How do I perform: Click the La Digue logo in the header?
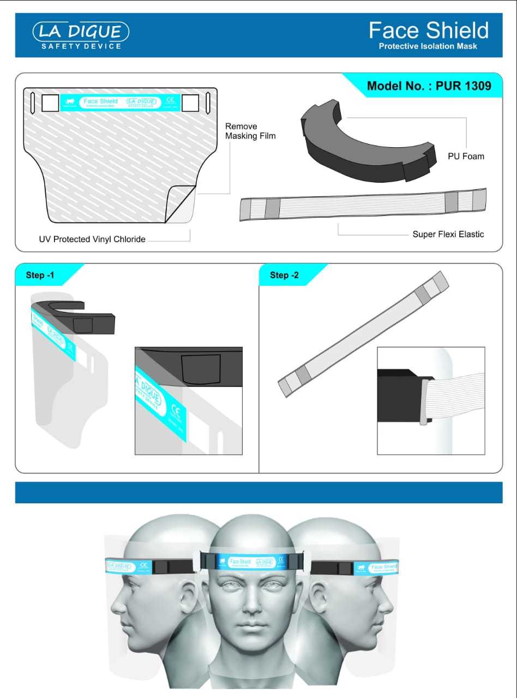pos(81,35)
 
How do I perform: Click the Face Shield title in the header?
pos(429,30)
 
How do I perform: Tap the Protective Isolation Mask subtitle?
pos(428,46)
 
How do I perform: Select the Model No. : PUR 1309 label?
pos(429,86)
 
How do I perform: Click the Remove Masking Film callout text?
pos(250,131)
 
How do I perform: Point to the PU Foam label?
pos(466,156)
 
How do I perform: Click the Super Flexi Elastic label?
pos(448,234)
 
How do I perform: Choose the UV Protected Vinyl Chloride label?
pos(92,239)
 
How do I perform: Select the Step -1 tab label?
pos(40,275)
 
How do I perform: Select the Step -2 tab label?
pos(284,275)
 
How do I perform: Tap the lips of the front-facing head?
pos(251,624)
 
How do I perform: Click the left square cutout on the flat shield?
pos(50,102)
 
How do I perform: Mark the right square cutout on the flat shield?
pos(190,102)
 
